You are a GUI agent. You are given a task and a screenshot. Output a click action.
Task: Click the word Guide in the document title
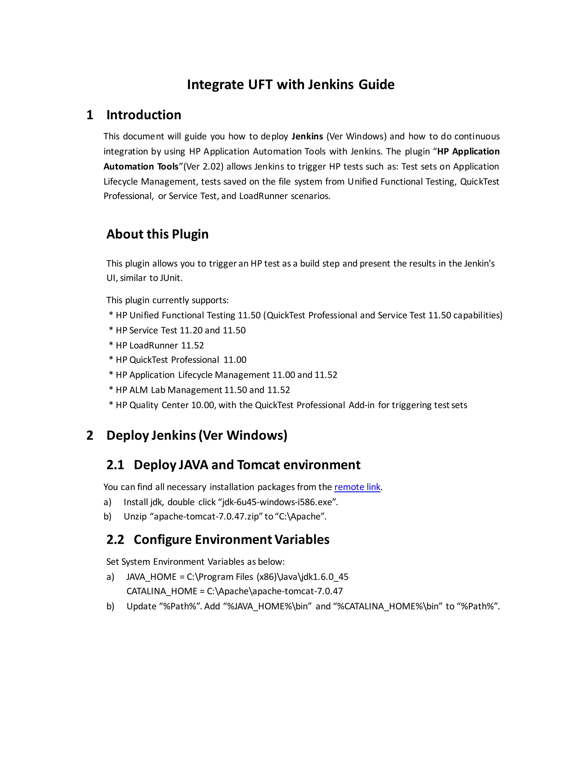(x=376, y=85)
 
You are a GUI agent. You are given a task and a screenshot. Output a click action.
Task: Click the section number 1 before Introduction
(x=90, y=115)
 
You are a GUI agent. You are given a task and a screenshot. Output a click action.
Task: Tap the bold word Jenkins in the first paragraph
(x=307, y=136)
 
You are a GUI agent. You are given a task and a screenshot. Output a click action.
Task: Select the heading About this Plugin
(x=157, y=234)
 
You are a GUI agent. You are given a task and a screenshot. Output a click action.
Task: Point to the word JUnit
(x=170, y=278)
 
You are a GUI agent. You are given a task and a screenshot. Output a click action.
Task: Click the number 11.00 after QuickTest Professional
(x=235, y=360)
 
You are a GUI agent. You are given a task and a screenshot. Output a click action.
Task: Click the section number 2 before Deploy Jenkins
(x=90, y=436)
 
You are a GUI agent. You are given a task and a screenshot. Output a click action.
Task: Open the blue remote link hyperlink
(x=357, y=487)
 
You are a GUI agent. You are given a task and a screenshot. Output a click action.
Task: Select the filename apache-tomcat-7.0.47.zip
(x=207, y=517)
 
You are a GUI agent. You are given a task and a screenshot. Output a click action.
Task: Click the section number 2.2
(x=115, y=540)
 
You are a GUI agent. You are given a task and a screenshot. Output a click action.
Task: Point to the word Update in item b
(x=141, y=606)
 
